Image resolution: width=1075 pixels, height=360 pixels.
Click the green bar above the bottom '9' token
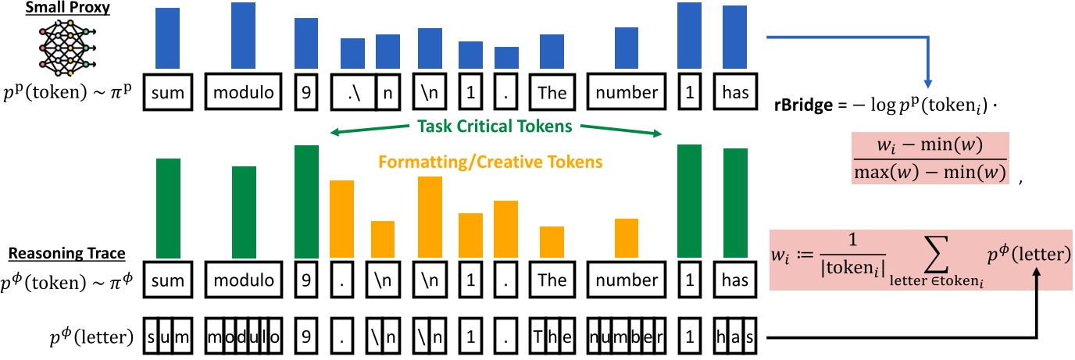[x=306, y=201]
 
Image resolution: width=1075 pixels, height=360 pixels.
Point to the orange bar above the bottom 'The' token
[x=552, y=241]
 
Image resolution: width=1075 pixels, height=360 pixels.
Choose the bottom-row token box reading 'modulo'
[x=243, y=279]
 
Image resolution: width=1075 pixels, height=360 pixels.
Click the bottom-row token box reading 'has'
[x=735, y=279]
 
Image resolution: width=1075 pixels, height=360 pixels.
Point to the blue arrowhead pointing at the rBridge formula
[x=927, y=82]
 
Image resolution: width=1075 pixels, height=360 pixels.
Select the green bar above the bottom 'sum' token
[x=169, y=208]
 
